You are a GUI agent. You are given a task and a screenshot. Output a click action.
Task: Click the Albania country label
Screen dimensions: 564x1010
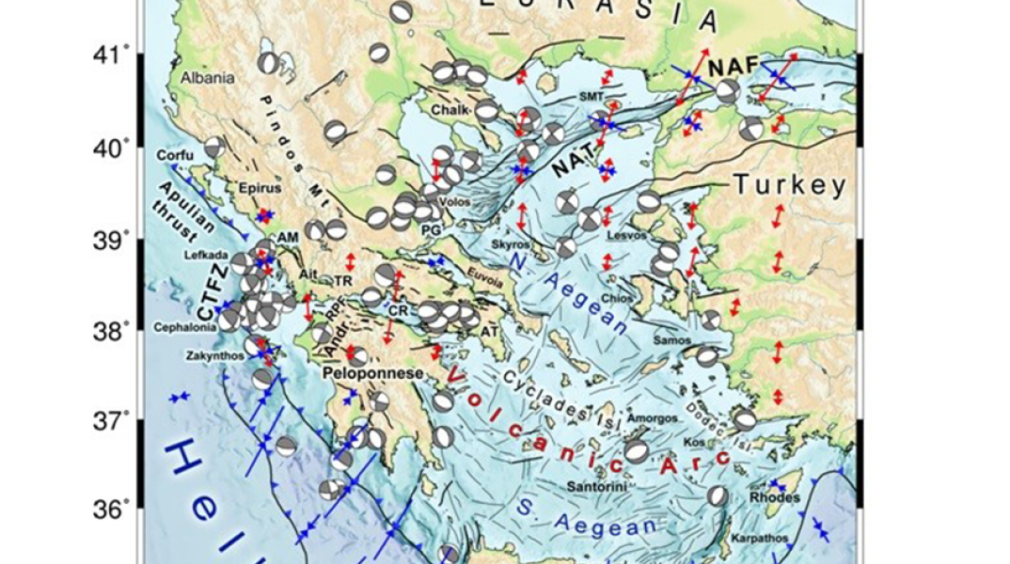pyautogui.click(x=208, y=78)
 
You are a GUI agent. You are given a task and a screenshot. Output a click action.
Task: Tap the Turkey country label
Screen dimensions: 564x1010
pyautogui.click(x=790, y=185)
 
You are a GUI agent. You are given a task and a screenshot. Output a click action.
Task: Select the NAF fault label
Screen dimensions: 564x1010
pyautogui.click(x=731, y=68)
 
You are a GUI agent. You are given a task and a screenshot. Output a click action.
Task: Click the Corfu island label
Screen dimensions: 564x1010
pyautogui.click(x=176, y=154)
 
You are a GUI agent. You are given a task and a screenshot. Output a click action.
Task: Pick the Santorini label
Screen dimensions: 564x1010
pyautogui.click(x=599, y=486)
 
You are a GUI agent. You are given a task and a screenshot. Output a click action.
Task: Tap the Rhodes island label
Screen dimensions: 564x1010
pyautogui.click(x=776, y=498)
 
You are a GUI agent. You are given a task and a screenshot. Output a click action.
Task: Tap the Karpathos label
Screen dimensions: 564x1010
pyautogui.click(x=760, y=539)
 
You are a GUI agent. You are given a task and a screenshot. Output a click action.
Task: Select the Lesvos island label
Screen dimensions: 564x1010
pyautogui.click(x=627, y=235)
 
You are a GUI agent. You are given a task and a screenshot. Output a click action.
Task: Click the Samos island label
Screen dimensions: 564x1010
pyautogui.click(x=673, y=340)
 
